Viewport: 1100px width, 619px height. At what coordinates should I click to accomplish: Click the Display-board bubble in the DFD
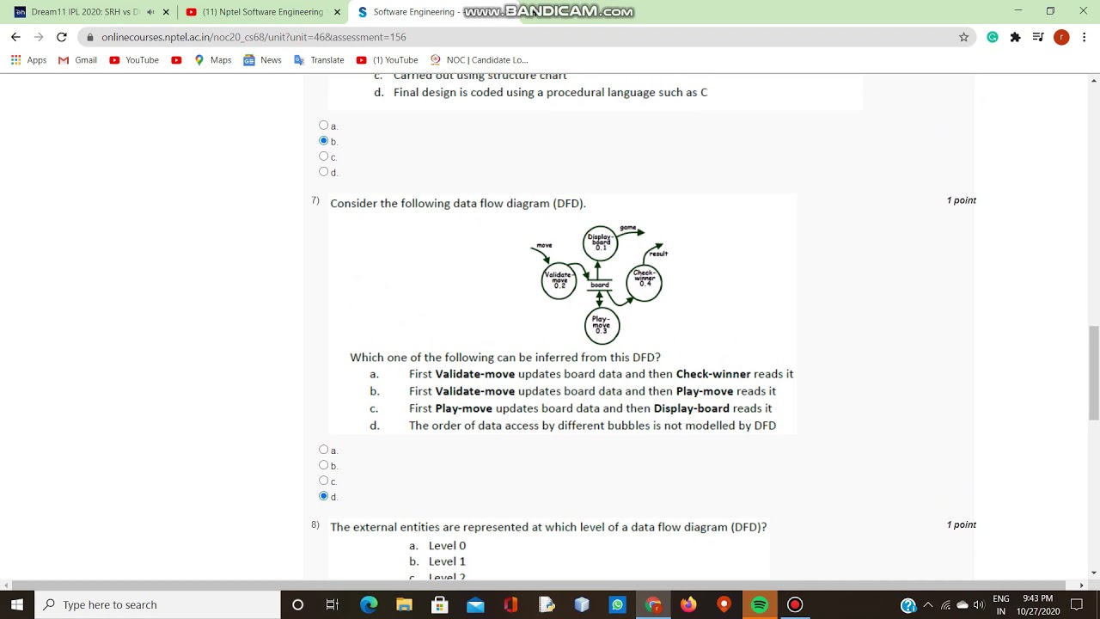(x=600, y=242)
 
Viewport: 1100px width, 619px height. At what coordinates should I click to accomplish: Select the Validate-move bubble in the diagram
(x=559, y=280)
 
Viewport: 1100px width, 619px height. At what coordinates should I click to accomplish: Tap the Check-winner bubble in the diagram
(x=645, y=280)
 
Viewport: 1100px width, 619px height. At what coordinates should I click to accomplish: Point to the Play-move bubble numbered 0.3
(x=602, y=326)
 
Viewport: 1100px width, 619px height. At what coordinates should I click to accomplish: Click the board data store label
(x=600, y=285)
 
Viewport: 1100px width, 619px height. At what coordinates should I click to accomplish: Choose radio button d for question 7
(x=324, y=496)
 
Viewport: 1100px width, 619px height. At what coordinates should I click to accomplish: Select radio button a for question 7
(x=324, y=450)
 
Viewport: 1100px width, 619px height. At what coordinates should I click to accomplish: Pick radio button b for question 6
(x=324, y=140)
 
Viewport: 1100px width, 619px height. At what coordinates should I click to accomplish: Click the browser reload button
(x=62, y=37)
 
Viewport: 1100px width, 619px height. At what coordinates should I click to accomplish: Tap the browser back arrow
(x=15, y=37)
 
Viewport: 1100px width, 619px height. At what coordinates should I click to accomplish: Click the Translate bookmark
(x=319, y=60)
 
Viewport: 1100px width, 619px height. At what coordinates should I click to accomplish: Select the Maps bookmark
(x=213, y=60)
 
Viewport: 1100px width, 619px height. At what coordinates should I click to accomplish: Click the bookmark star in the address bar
(x=963, y=37)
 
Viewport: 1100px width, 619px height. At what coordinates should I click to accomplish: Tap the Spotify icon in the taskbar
(x=760, y=605)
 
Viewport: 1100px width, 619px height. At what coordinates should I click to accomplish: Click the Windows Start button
(x=17, y=605)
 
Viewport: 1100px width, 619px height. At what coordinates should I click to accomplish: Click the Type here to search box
(x=159, y=605)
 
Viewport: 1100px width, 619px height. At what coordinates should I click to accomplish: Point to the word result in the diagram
(x=659, y=254)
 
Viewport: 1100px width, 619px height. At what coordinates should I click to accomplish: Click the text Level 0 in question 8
(x=447, y=545)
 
